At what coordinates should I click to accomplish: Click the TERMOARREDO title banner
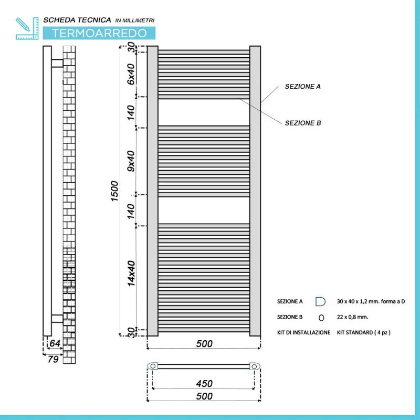(x=99, y=33)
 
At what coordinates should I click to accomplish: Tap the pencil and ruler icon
(x=27, y=28)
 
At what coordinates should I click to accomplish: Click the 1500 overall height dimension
(x=114, y=191)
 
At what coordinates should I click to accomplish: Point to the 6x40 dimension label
(x=131, y=74)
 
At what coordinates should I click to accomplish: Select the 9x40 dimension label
(x=131, y=161)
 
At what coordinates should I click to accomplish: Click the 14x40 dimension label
(x=131, y=274)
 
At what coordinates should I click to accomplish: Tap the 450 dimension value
(x=204, y=384)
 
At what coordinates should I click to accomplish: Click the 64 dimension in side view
(x=55, y=343)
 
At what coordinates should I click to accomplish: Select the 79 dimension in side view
(x=53, y=359)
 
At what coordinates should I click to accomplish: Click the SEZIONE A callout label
(x=303, y=87)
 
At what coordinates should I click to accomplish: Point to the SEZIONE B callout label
(x=303, y=123)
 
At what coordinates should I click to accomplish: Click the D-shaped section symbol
(x=320, y=301)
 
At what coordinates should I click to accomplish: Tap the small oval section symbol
(x=321, y=318)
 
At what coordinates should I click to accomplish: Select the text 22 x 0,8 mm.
(x=352, y=317)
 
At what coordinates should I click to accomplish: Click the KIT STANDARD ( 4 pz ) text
(x=364, y=332)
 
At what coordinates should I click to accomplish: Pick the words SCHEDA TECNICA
(x=77, y=20)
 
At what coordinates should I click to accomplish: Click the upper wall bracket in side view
(x=57, y=64)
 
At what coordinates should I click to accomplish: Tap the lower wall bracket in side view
(x=57, y=319)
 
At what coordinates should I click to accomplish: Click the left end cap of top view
(x=153, y=366)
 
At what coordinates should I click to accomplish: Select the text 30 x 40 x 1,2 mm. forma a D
(x=371, y=301)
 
